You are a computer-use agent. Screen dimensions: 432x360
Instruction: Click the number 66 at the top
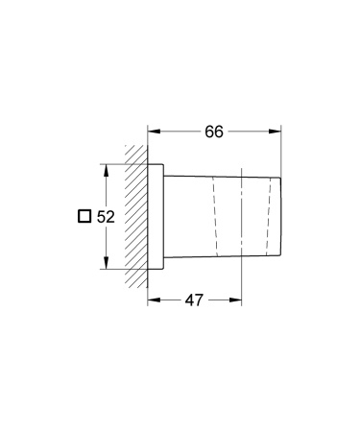pos(214,132)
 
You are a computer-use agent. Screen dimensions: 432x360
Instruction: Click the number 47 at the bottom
pos(194,300)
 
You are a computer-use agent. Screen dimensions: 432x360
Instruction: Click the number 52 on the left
pos(106,217)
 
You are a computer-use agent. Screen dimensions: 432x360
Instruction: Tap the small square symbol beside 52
pos(84,217)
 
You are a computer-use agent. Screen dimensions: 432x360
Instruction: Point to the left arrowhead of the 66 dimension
pos(152,132)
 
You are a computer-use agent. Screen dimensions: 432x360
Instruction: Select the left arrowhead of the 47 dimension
pos(152,300)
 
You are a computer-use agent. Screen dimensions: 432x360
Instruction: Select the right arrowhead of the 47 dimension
pos(237,300)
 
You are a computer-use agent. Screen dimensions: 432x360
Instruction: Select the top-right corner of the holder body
pos(281,180)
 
